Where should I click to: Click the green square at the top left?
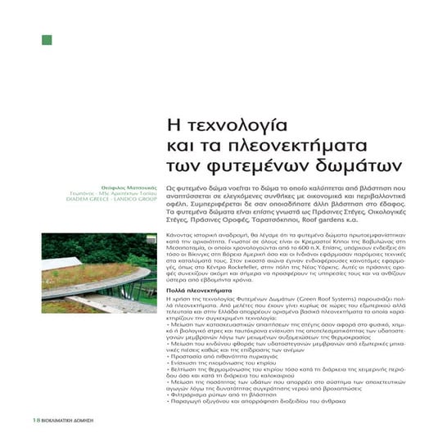[x=47, y=40]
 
